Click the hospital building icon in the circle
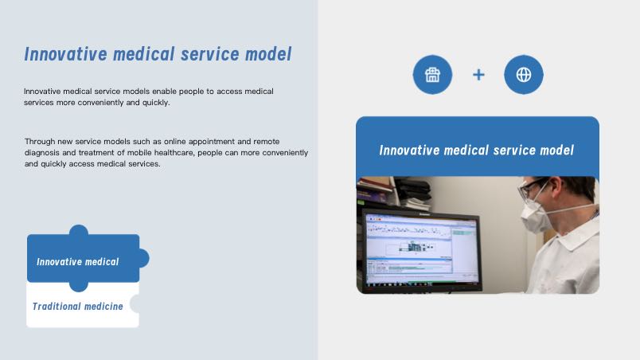click(432, 75)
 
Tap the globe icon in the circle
click(524, 75)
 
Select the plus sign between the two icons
click(478, 75)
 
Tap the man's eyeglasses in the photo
click(531, 187)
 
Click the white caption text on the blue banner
click(476, 151)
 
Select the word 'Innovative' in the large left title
click(66, 54)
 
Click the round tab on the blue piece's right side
click(144, 258)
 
